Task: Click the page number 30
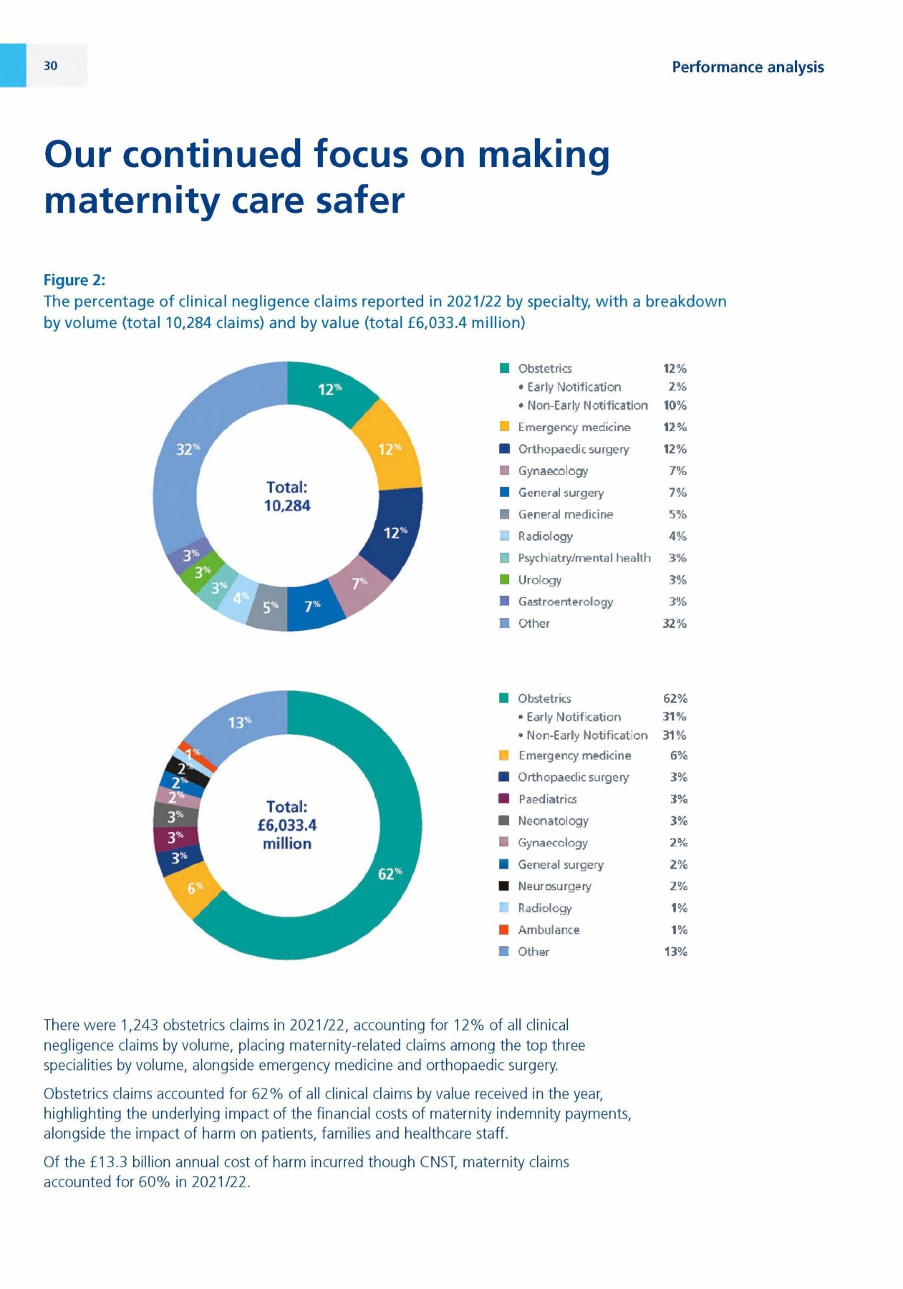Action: pos(50,66)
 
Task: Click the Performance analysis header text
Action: pos(747,67)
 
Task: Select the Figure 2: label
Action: pos(74,280)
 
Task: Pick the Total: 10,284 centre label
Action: pos(287,496)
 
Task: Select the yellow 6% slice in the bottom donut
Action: pos(193,888)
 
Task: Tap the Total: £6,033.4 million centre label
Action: pos(287,825)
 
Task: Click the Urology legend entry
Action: pos(539,580)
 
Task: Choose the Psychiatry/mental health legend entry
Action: pos(584,558)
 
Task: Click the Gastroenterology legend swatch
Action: pos(504,602)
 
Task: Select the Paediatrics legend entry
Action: pos(547,799)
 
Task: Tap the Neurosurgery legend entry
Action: pos(554,887)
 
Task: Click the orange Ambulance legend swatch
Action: pos(504,930)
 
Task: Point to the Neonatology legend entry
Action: pos(553,821)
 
